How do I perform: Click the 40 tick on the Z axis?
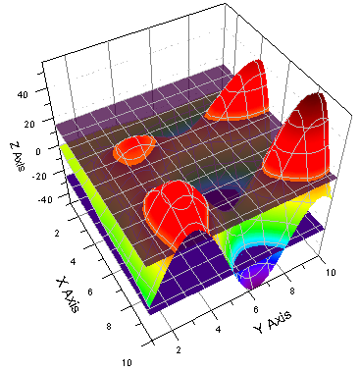click(25, 94)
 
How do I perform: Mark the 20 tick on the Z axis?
click(25, 124)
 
